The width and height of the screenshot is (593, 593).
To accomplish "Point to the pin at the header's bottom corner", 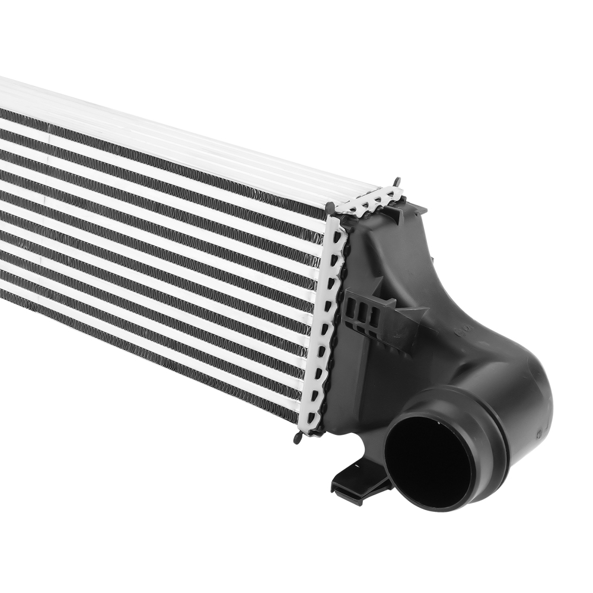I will (296, 438).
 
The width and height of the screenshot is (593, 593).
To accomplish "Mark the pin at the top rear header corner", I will (397, 181).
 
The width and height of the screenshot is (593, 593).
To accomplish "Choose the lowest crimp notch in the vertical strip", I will (311, 415).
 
